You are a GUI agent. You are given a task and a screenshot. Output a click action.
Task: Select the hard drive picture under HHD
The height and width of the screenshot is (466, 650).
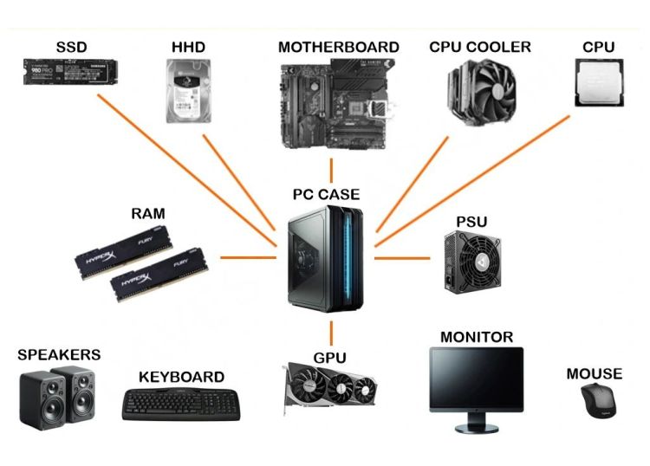pyautogui.click(x=186, y=90)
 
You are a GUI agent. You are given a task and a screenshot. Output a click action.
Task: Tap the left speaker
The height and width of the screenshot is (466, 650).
pyautogui.click(x=41, y=401)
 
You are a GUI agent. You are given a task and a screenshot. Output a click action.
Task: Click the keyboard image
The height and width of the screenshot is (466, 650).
pyautogui.click(x=181, y=404)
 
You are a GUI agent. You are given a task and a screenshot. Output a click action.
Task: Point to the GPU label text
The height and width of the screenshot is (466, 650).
pyautogui.click(x=329, y=357)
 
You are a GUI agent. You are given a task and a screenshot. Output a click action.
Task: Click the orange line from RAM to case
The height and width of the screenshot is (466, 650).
pyautogui.click(x=247, y=257)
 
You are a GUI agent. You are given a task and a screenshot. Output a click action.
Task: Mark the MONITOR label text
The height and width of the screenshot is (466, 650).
pyautogui.click(x=476, y=336)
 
